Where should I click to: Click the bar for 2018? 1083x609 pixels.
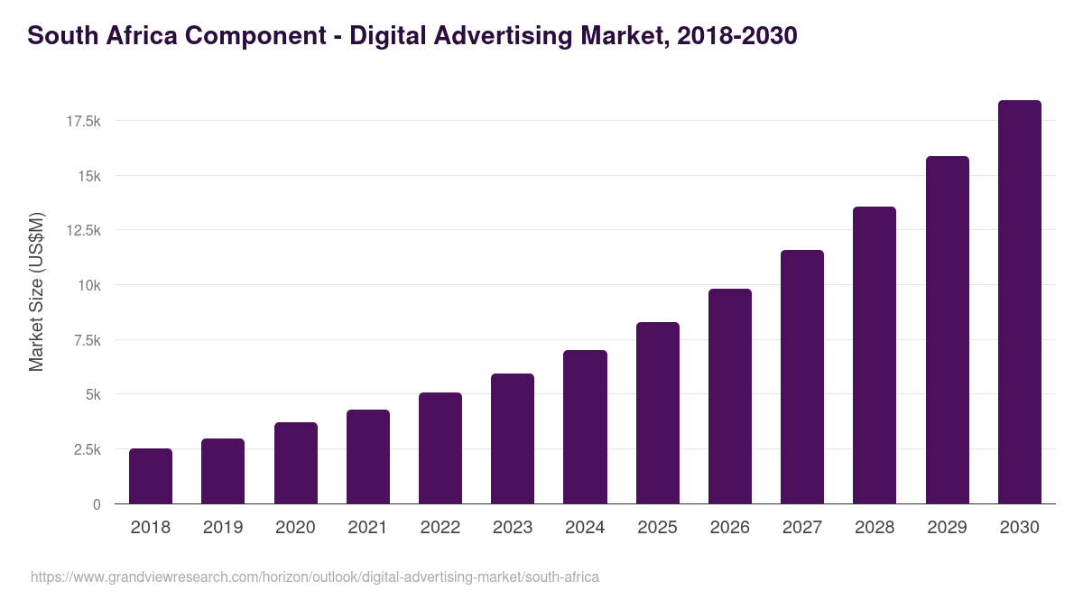(151, 476)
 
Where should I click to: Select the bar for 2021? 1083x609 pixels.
(368, 457)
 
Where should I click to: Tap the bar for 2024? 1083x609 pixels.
(585, 427)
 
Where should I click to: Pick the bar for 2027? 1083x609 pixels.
(802, 377)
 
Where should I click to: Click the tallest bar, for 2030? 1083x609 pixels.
(1019, 302)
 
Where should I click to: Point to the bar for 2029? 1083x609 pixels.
(947, 330)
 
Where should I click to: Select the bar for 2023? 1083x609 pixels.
(513, 438)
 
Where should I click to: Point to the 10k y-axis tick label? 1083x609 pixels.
(88, 285)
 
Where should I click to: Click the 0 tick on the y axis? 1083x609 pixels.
(97, 504)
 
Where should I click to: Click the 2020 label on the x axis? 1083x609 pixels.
(295, 528)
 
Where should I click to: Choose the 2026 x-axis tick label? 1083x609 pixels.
(729, 528)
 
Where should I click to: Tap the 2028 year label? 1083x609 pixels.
(875, 528)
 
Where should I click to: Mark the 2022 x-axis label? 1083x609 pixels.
(440, 528)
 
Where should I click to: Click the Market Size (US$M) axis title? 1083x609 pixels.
(36, 292)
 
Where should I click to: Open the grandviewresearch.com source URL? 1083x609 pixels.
(315, 577)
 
